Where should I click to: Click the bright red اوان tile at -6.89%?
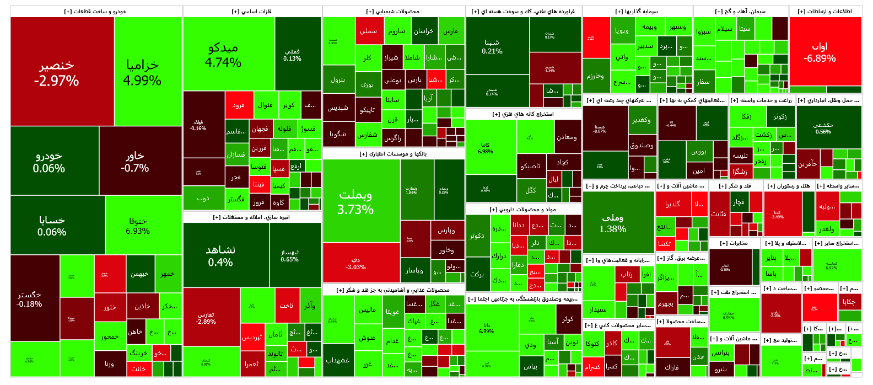coord(824,52)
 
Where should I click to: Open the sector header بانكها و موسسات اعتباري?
coord(393,154)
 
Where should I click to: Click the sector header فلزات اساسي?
coord(252,12)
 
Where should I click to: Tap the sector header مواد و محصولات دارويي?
coord(523,210)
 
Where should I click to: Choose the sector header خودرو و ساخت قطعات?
coord(95,12)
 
